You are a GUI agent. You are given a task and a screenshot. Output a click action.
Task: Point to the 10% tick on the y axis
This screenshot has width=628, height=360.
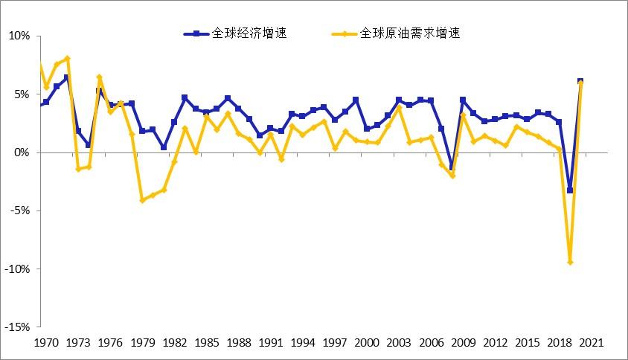(19, 36)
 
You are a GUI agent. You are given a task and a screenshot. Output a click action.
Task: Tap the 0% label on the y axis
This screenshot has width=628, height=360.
(22, 152)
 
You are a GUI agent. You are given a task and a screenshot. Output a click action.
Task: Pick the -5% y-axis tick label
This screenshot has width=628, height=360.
(20, 210)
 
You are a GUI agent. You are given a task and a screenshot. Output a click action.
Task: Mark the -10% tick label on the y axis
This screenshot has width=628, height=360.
(18, 269)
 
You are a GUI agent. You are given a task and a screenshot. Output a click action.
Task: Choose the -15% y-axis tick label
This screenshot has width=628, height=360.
(18, 327)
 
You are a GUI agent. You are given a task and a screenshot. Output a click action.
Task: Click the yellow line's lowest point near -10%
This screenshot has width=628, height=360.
(570, 262)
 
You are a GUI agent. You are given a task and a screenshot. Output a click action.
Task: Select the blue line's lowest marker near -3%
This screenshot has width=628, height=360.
(570, 190)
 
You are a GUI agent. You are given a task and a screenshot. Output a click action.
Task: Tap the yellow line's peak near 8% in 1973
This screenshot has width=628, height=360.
(67, 58)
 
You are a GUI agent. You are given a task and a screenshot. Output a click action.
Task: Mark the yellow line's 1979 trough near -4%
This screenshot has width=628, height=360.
(142, 200)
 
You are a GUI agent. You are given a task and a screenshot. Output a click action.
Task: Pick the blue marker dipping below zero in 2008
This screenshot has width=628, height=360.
(452, 168)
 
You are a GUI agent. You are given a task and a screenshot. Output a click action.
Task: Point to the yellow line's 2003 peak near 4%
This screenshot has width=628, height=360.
(399, 107)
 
